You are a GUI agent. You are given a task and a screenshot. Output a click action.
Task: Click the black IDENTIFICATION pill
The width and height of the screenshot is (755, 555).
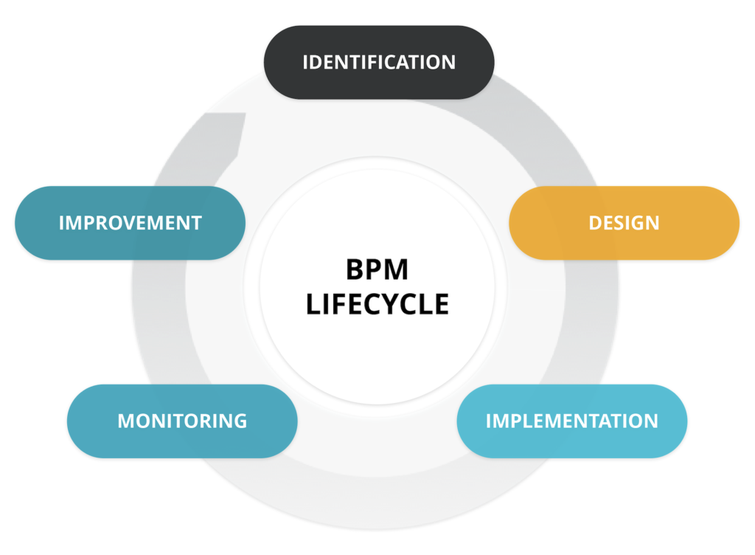pyautogui.click(x=379, y=62)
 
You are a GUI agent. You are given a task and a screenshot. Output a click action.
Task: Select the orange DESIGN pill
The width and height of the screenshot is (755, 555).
pyautogui.click(x=624, y=222)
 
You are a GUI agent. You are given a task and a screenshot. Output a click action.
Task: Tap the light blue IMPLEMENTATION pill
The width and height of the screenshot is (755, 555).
pyautogui.click(x=571, y=421)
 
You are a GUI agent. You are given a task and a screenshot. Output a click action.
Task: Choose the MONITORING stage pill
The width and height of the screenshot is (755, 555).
pyautogui.click(x=182, y=421)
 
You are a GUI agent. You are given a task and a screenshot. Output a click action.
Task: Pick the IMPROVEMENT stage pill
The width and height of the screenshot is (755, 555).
pyautogui.click(x=130, y=222)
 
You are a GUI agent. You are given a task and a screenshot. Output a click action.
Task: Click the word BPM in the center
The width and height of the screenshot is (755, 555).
pyautogui.click(x=377, y=270)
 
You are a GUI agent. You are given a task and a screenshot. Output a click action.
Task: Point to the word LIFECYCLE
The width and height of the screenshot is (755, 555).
pyautogui.click(x=377, y=304)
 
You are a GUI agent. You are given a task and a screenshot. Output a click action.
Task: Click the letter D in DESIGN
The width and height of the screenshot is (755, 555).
pyautogui.click(x=594, y=223)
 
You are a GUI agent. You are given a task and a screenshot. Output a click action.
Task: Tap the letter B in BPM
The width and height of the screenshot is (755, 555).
pyautogui.click(x=355, y=270)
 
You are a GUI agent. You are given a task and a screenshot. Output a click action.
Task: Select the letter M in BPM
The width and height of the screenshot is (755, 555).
pyautogui.click(x=397, y=270)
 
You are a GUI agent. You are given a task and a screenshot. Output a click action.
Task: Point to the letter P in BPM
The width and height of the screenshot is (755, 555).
pyautogui.click(x=374, y=270)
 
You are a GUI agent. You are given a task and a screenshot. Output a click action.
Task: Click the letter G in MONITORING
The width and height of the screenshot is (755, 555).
pyautogui.click(x=240, y=421)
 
